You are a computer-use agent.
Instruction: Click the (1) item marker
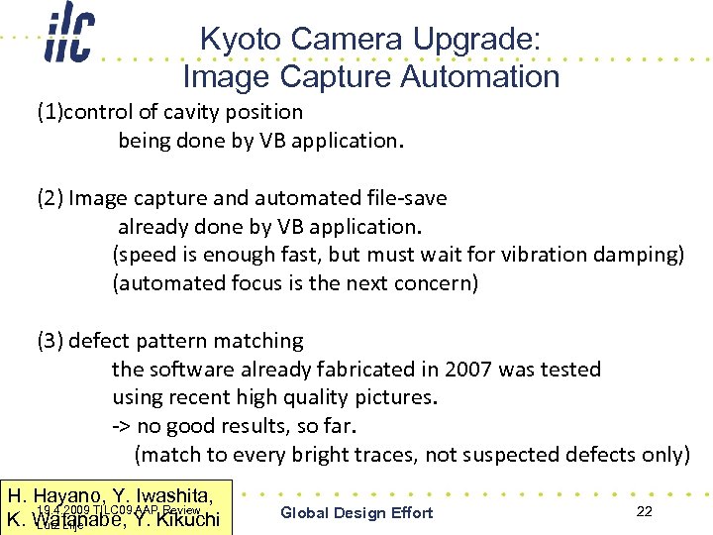[50, 112]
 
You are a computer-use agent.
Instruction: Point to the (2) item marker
[50, 198]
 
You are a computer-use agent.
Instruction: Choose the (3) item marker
[50, 341]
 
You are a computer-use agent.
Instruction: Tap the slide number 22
[644, 511]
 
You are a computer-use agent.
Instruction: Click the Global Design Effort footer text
[356, 512]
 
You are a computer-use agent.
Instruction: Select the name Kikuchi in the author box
[185, 519]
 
